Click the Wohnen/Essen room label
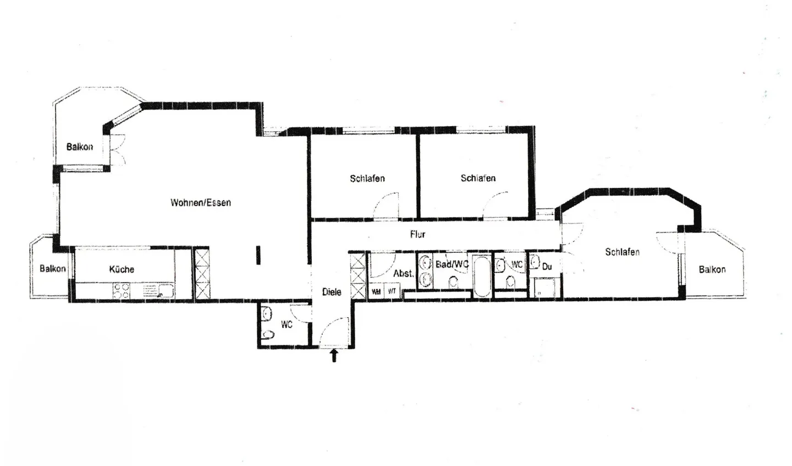[x=200, y=203]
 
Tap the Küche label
[x=122, y=269]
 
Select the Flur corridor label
[x=417, y=234]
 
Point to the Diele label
[x=332, y=292]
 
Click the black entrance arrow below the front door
[x=333, y=356]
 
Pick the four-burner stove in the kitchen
[x=121, y=290]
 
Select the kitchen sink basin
[x=166, y=290]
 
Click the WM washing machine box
[x=376, y=291]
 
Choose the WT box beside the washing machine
[x=392, y=291]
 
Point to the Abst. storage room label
[x=403, y=274]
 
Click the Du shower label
[x=547, y=267]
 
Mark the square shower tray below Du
[x=545, y=288]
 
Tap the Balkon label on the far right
[x=712, y=269]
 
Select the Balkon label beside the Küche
[x=52, y=269]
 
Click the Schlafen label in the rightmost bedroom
[x=622, y=252]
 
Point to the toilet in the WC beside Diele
[x=269, y=334]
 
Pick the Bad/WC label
[x=452, y=264]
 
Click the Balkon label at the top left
[x=80, y=147]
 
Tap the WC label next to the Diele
[x=287, y=325]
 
